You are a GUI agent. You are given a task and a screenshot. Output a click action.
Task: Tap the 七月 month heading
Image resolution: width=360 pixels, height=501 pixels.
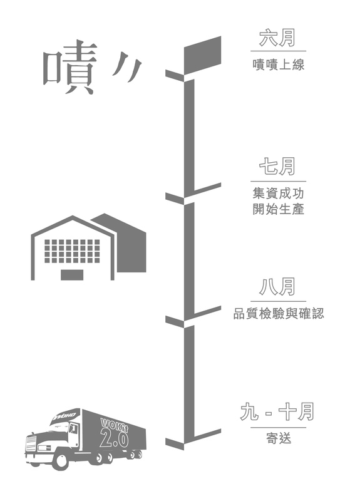[x=277, y=167]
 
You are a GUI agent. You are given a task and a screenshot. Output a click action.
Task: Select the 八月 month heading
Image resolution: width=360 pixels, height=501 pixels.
[x=277, y=287]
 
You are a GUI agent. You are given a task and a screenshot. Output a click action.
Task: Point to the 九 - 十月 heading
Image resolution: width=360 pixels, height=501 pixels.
[x=277, y=412]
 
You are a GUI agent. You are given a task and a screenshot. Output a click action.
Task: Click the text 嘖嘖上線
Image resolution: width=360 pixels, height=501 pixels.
[x=278, y=65]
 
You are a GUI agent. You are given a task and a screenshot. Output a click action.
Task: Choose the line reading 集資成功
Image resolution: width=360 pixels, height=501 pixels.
[x=278, y=194]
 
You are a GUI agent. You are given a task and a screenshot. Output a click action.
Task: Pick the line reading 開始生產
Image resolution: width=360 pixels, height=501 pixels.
[x=278, y=209]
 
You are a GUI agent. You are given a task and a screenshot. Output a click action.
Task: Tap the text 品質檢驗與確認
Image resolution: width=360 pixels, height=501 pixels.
[x=279, y=314]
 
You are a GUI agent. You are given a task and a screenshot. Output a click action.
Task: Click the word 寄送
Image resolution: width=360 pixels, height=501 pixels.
[x=279, y=438]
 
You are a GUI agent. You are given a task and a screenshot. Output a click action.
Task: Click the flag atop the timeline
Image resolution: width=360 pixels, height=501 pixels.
[x=202, y=54]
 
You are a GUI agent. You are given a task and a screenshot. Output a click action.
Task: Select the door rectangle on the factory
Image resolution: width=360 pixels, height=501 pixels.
[x=72, y=275]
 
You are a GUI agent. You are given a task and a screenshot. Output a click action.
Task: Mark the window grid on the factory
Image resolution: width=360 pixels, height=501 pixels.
[x=72, y=251]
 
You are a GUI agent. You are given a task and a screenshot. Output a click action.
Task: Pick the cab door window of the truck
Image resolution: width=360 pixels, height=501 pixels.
[x=73, y=429]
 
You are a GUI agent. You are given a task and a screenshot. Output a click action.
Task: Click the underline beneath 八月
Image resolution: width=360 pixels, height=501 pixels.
[x=278, y=301]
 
